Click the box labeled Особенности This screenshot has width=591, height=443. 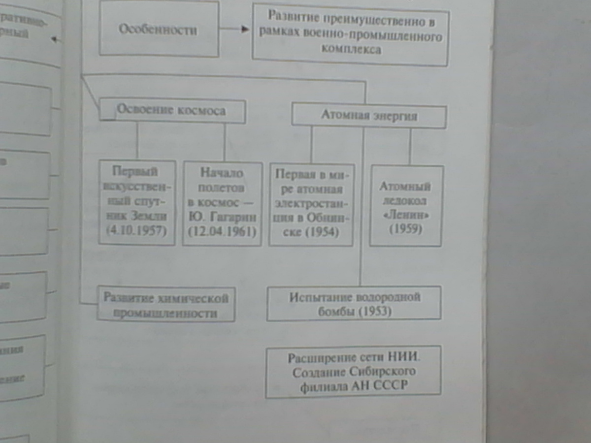pyautogui.click(x=159, y=29)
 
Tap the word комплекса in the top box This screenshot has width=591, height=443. pyautogui.click(x=351, y=49)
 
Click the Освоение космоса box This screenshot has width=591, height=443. pyautogui.click(x=172, y=111)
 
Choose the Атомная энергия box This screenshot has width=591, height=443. pyautogui.click(x=369, y=116)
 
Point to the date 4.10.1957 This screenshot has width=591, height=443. pyautogui.click(x=137, y=229)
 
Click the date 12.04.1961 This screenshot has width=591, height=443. pyautogui.click(x=222, y=230)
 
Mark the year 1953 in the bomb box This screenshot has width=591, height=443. pyautogui.click(x=375, y=312)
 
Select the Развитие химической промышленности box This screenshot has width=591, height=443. pyautogui.click(x=166, y=305)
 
